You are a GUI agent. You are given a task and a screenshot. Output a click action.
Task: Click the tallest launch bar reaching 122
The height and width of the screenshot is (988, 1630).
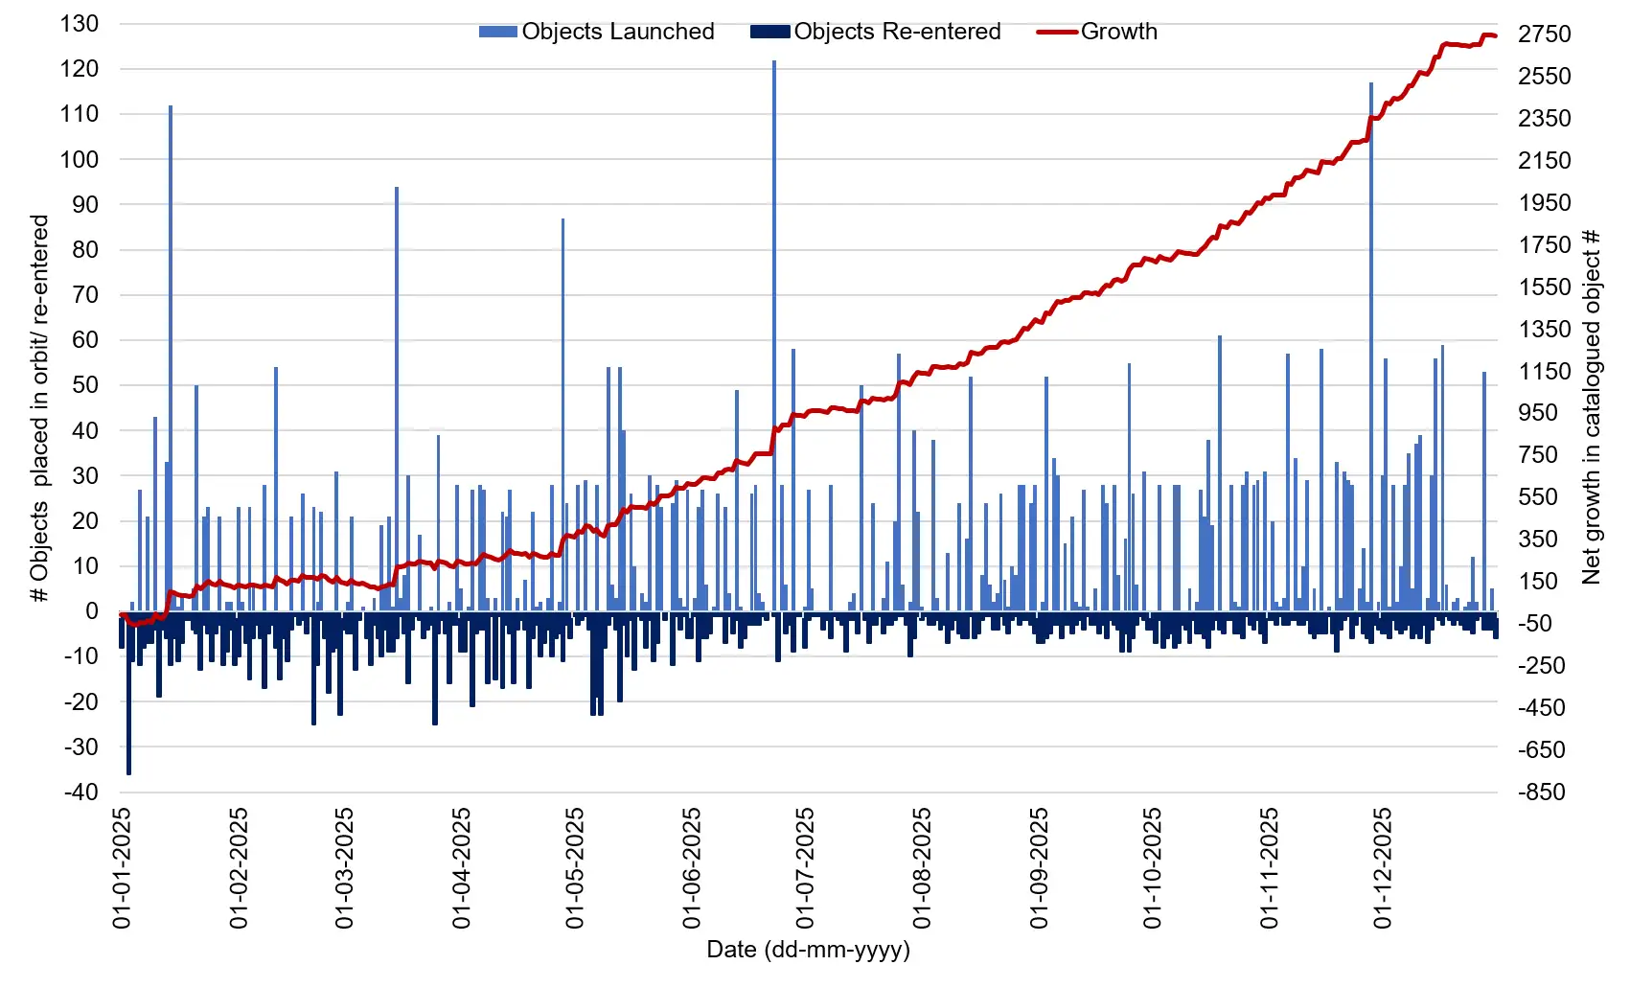tap(774, 335)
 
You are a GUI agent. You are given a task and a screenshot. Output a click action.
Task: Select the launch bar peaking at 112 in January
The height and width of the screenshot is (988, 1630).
tap(171, 359)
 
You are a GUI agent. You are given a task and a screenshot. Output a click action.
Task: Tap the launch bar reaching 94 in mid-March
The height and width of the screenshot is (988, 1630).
tap(397, 398)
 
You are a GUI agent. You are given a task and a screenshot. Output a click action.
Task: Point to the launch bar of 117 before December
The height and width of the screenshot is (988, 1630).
tap(1371, 345)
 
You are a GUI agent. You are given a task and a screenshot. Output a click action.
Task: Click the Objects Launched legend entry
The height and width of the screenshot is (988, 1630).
tap(597, 32)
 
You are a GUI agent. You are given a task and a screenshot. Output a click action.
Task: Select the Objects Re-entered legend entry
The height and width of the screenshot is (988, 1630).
tap(876, 32)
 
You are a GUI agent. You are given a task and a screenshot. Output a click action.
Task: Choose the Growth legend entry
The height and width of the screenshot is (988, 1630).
tap(1098, 32)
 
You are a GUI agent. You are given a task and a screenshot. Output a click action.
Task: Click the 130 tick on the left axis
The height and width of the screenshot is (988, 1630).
tap(80, 24)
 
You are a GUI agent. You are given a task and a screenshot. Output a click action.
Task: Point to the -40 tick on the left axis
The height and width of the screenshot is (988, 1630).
tap(80, 793)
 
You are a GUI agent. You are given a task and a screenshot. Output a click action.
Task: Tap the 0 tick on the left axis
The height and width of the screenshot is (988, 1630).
tap(92, 611)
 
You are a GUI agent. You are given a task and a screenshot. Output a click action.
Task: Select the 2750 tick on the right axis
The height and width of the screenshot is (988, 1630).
tap(1544, 34)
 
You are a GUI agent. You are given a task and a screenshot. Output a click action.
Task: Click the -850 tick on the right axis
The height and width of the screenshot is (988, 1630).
tap(1542, 793)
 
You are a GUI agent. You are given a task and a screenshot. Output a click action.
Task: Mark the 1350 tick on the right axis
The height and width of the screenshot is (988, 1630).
tap(1544, 329)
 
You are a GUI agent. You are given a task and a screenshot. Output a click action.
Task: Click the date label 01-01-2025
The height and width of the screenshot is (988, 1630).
tap(122, 868)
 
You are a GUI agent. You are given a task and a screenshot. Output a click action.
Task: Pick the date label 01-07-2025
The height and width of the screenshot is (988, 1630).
tap(805, 868)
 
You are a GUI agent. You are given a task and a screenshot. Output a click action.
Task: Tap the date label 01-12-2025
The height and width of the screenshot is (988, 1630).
tap(1382, 868)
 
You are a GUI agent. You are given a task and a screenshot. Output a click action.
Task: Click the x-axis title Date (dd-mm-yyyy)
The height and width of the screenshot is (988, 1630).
tap(808, 950)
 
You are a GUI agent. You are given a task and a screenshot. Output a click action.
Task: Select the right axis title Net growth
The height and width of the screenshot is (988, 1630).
tap(1592, 407)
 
